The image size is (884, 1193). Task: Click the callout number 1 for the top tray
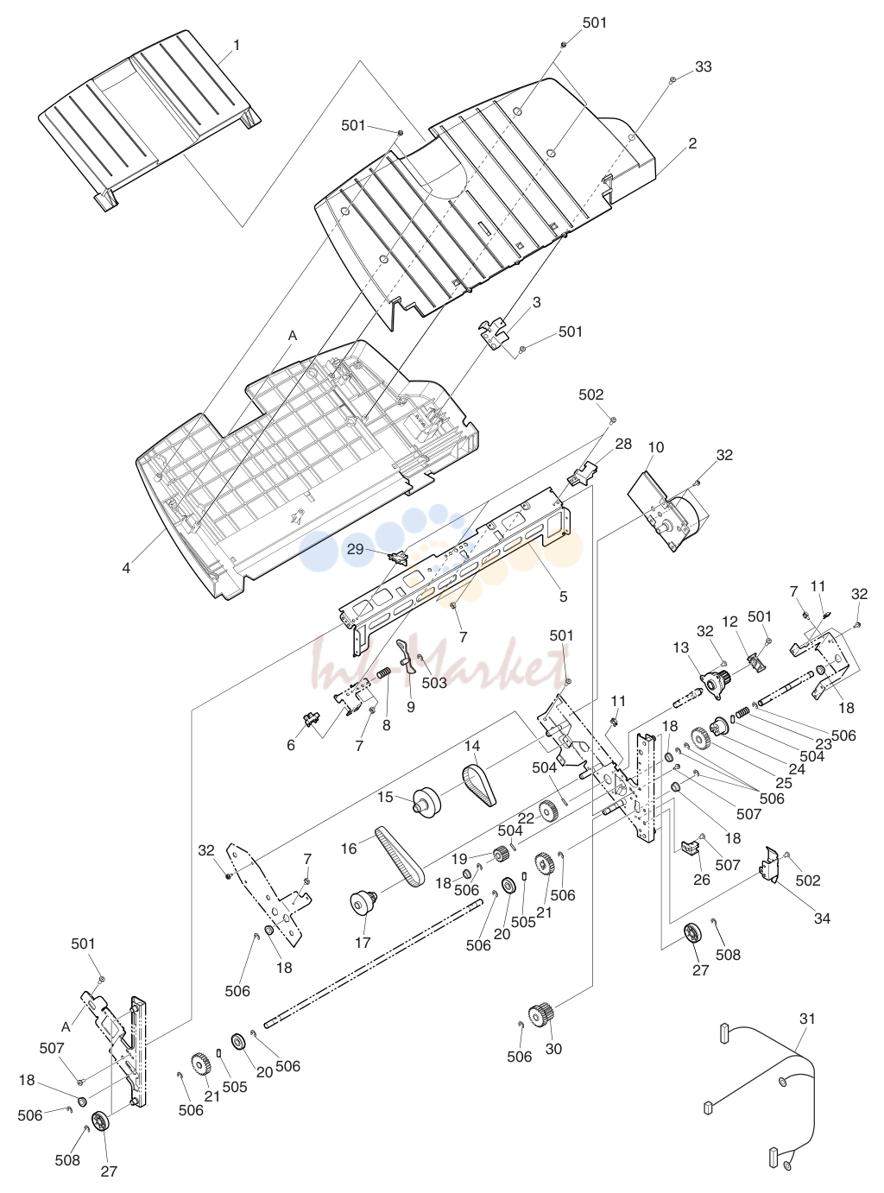pyautogui.click(x=236, y=45)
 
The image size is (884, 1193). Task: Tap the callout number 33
pyautogui.click(x=704, y=66)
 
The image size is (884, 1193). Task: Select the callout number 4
pyautogui.click(x=126, y=568)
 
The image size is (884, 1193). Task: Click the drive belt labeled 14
pyautogui.click(x=480, y=786)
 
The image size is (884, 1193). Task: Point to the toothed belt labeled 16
pyautogui.click(x=401, y=858)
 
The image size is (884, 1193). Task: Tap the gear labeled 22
pyautogui.click(x=547, y=811)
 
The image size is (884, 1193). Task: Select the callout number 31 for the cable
pyautogui.click(x=807, y=1019)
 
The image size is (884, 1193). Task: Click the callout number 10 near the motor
pyautogui.click(x=656, y=447)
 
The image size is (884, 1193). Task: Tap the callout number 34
pyautogui.click(x=822, y=918)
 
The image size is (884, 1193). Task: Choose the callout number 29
pyautogui.click(x=356, y=549)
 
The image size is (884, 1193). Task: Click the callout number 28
pyautogui.click(x=623, y=444)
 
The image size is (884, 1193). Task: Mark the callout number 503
pyautogui.click(x=434, y=683)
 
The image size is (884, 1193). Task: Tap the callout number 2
pyautogui.click(x=692, y=143)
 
